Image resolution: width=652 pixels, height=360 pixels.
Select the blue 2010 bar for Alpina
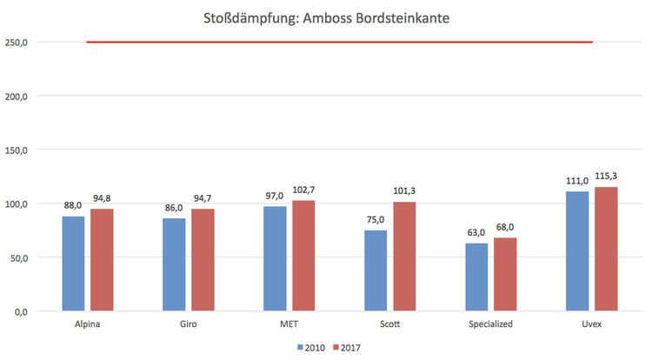(x=73, y=263)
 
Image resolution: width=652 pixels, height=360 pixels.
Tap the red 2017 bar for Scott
(x=403, y=257)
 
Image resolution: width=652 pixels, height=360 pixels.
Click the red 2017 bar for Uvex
(x=605, y=249)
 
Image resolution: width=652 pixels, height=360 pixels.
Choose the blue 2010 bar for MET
(x=275, y=258)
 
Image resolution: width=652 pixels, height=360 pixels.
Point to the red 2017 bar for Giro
(x=202, y=260)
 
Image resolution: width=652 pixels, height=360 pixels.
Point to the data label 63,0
(x=476, y=233)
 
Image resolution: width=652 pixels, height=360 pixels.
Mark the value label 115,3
(x=606, y=177)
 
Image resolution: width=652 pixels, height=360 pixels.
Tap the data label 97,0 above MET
(x=274, y=196)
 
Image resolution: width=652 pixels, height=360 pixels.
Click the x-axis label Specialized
(x=490, y=324)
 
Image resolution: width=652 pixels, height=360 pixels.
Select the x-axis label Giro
(x=188, y=324)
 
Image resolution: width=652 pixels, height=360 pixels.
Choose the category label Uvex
(x=591, y=324)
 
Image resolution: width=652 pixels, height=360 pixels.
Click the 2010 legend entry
(x=309, y=348)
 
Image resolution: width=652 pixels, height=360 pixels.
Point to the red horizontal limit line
(x=339, y=42)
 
